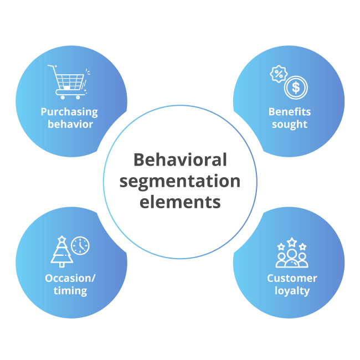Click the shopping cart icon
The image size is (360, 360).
tap(68, 82)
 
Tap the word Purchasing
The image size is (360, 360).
tap(69, 112)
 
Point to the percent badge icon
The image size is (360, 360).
tap(278, 74)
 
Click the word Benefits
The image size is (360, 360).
tap(290, 112)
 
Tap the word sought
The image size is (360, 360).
tap(290, 124)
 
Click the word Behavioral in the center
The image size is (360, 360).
tap(181, 160)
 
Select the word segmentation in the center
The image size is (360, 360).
tap(181, 181)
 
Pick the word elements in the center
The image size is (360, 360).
tap(181, 202)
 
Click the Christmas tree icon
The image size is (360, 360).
tap(61, 252)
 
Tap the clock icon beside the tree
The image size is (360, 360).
tap(80, 245)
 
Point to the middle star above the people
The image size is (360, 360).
tap(292, 242)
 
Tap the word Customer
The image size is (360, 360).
tap(292, 278)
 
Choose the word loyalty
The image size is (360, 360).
tap(292, 291)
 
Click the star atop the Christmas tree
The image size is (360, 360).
tap(61, 239)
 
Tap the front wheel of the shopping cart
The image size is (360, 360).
tap(78, 97)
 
